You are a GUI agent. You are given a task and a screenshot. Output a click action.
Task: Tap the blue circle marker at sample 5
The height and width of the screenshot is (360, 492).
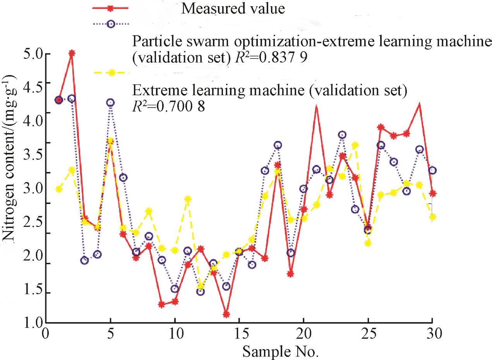tap(110, 103)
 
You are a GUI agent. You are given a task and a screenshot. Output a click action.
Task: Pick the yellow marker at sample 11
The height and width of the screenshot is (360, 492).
tap(188, 199)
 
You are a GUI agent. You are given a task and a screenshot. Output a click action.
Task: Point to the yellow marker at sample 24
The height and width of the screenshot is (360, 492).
tap(355, 145)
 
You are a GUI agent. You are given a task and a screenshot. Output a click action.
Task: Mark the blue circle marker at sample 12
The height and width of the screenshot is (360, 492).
tap(201, 291)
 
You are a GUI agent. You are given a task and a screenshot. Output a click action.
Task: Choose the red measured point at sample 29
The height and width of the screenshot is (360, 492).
tap(419, 104)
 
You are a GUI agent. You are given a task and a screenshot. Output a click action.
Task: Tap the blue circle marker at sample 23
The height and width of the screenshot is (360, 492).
tap(342, 135)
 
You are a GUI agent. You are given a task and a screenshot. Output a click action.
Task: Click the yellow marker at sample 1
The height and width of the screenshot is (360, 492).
tap(59, 189)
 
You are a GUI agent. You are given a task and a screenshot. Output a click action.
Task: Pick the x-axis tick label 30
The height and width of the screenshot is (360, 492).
tap(431, 333)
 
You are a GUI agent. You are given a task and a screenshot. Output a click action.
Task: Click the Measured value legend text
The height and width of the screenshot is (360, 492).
tap(233, 9)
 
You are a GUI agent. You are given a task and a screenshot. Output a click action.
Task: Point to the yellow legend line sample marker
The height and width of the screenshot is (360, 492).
tap(111, 72)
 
